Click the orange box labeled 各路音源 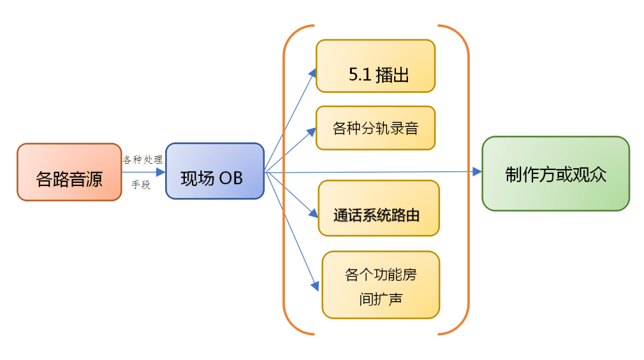click(x=69, y=172)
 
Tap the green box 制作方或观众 click(x=556, y=173)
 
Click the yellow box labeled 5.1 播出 click(x=376, y=66)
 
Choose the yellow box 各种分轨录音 click(x=376, y=128)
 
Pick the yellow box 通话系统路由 click(x=379, y=209)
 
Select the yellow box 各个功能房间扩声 click(x=380, y=285)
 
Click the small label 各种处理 click(x=143, y=160)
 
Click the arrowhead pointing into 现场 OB click(x=160, y=172)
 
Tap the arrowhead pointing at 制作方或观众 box click(x=477, y=172)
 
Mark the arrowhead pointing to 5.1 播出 click(x=312, y=72)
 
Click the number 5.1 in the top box click(x=361, y=75)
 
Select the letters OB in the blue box click(x=231, y=178)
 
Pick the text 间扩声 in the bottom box click(x=380, y=298)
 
